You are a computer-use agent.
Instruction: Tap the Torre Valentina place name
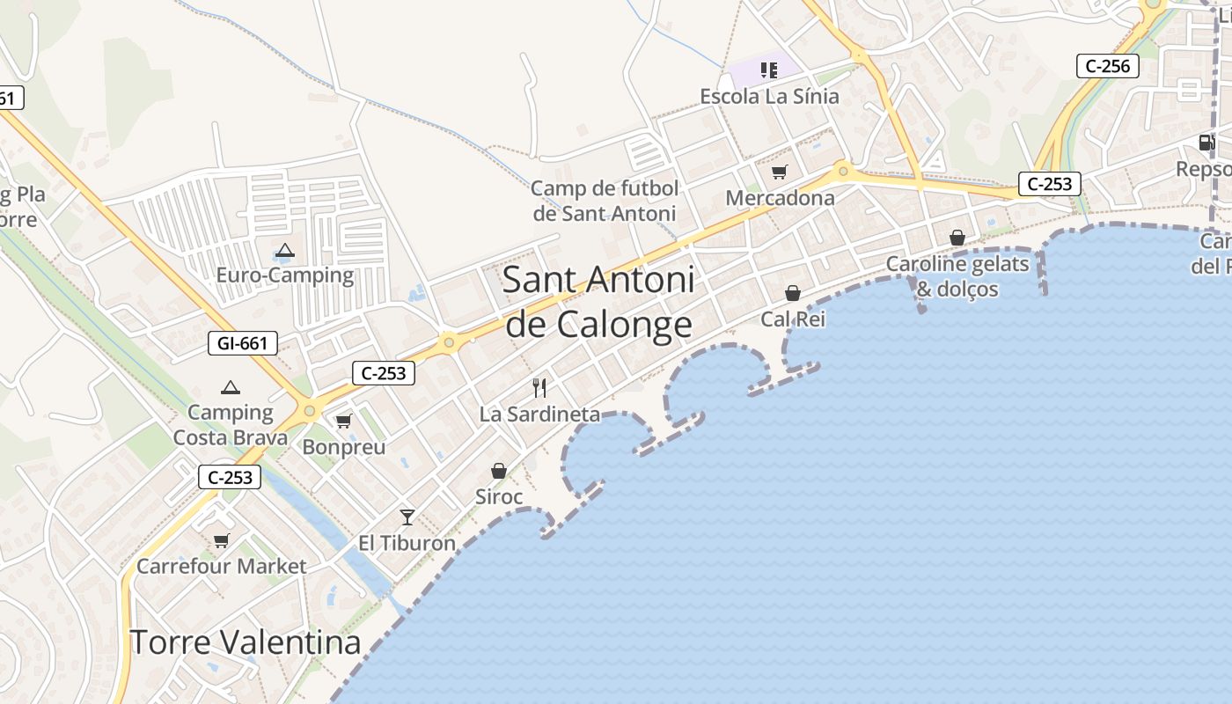(x=246, y=642)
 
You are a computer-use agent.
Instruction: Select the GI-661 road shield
(x=243, y=343)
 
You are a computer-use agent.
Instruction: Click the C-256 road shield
(x=1108, y=66)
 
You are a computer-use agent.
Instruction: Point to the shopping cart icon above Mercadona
(x=779, y=172)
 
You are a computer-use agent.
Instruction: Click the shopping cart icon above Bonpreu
(x=344, y=421)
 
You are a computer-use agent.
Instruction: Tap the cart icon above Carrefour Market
(x=221, y=540)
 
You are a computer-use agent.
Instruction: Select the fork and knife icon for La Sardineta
(x=539, y=387)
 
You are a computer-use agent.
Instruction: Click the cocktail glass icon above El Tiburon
(x=407, y=517)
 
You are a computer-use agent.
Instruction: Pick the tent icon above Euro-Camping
(x=284, y=251)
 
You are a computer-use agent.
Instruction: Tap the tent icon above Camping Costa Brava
(x=231, y=387)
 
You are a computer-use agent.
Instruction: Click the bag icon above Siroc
(x=499, y=471)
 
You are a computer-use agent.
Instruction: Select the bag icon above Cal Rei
(x=793, y=293)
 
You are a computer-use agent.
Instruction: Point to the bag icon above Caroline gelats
(x=957, y=238)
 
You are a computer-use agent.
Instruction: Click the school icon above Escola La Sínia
(x=769, y=70)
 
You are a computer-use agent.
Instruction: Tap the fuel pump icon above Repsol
(x=1206, y=143)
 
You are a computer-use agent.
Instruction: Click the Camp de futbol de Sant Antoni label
(x=605, y=201)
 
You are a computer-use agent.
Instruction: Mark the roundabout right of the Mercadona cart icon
(x=843, y=170)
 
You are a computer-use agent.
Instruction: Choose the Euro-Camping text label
(x=285, y=275)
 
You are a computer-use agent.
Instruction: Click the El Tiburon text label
(x=407, y=543)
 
